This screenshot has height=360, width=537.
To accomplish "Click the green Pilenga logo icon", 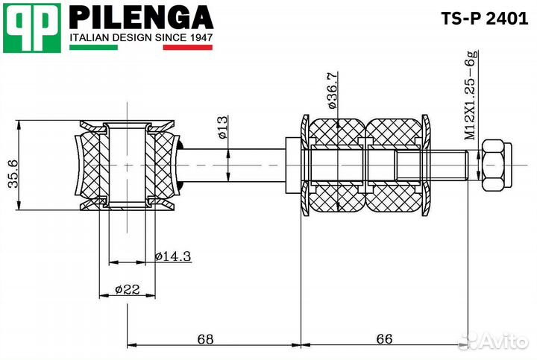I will [x=31, y=28].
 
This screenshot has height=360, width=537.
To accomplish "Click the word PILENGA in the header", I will [x=141, y=17].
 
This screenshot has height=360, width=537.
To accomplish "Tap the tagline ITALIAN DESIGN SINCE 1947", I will [x=142, y=37].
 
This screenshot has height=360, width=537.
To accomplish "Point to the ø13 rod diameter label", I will [x=223, y=128].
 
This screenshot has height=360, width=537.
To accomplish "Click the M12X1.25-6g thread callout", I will [x=471, y=97].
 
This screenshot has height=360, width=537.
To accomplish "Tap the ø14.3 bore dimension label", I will [x=173, y=256].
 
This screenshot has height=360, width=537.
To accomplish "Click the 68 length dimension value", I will [x=206, y=339].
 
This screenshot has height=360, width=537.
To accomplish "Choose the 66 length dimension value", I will [x=384, y=339].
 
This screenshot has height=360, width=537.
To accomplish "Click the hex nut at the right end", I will [x=495, y=165].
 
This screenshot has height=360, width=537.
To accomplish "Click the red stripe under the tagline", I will [x=188, y=48].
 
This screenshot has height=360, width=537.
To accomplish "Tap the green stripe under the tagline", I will [x=93, y=48].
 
